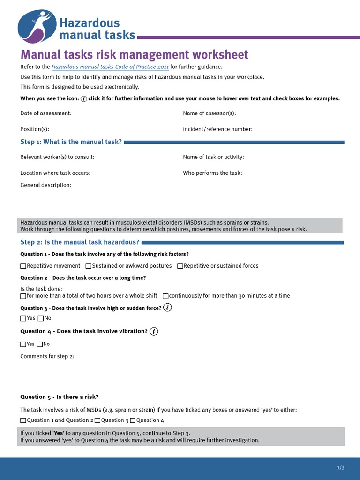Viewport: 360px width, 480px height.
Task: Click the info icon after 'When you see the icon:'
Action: tap(84, 99)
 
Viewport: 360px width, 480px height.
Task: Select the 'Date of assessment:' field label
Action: tap(46, 113)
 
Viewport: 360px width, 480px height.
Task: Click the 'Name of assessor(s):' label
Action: tap(209, 113)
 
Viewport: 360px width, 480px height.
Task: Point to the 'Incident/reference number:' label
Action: tap(217, 129)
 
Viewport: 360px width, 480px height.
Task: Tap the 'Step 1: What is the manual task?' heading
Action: tap(71, 142)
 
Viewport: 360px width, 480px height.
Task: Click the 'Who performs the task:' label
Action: tap(212, 173)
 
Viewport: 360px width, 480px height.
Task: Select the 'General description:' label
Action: tap(46, 185)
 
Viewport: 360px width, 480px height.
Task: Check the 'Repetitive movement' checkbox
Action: tap(23, 266)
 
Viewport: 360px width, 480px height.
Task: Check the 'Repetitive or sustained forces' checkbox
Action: tap(180, 266)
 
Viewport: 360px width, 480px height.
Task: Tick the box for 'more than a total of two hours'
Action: tap(23, 296)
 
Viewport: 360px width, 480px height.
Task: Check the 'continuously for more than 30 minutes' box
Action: tap(165, 296)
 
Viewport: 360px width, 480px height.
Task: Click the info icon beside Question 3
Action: tap(168, 308)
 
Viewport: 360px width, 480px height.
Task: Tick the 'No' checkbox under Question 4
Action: tap(40, 345)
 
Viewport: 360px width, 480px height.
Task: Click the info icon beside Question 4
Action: tap(154, 331)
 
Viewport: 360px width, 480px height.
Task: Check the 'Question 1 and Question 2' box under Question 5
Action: tap(23, 420)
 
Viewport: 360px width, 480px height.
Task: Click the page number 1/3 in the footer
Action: tap(341, 468)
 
